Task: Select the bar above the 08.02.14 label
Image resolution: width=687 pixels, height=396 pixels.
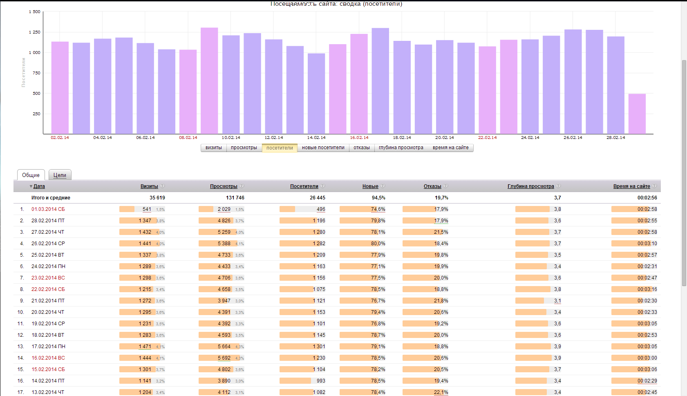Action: point(188,92)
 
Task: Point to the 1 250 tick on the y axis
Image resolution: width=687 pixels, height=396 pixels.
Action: point(35,32)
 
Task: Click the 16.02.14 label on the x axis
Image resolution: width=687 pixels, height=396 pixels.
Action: point(359,138)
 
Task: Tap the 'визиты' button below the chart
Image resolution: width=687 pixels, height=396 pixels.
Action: point(214,148)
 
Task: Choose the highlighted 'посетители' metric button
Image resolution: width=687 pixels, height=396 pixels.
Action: point(280,148)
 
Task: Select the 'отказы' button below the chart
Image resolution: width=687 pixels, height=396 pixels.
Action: point(362,148)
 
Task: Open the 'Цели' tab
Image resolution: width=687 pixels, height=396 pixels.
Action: point(60,175)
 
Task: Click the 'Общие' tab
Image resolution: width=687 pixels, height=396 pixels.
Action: point(31,175)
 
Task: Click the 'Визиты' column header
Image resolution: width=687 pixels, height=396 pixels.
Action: point(149,186)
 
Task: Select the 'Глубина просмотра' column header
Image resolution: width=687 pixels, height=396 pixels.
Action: point(530,186)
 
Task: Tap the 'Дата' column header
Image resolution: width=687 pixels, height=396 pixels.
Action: point(39,186)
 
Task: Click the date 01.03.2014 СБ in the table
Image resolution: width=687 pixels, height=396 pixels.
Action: point(48,209)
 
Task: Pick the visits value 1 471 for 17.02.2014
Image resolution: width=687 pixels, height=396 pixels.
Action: point(145,347)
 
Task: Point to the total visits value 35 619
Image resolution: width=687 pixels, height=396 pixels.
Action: point(157,198)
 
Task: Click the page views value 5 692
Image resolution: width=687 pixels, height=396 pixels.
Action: point(224,358)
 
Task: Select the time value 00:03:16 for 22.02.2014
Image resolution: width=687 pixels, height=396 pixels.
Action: point(647,289)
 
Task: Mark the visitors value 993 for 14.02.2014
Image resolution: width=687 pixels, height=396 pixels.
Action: point(321,381)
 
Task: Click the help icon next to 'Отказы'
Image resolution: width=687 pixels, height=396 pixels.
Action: point(445,186)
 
